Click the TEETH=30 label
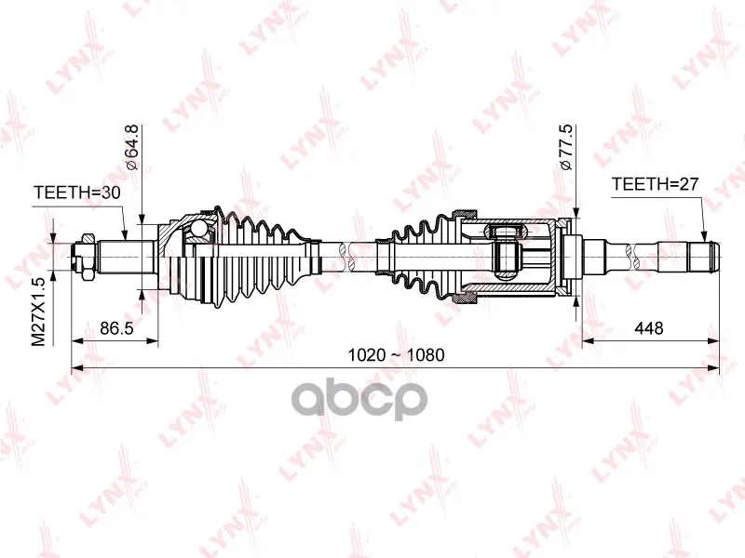pyautogui.click(x=77, y=193)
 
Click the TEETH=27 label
pyautogui.click(x=656, y=183)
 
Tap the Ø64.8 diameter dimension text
pyautogui.click(x=130, y=147)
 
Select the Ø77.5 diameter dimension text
pyautogui.click(x=566, y=147)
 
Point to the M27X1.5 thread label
pyautogui.click(x=38, y=312)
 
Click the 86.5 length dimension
pyautogui.click(x=117, y=328)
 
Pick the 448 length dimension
pyautogui.click(x=648, y=328)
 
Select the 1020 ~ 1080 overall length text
pyautogui.click(x=397, y=355)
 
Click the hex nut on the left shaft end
pyautogui.click(x=87, y=257)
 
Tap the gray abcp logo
pyautogui.click(x=359, y=400)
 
